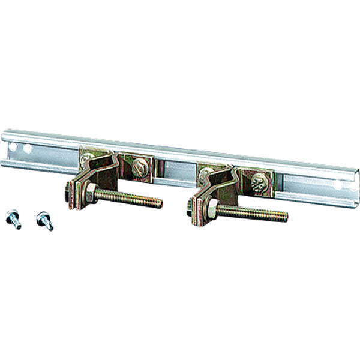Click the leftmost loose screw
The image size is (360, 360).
[13, 218]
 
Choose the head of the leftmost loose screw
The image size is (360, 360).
[11, 215]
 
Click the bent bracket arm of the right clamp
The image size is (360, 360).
[219, 180]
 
